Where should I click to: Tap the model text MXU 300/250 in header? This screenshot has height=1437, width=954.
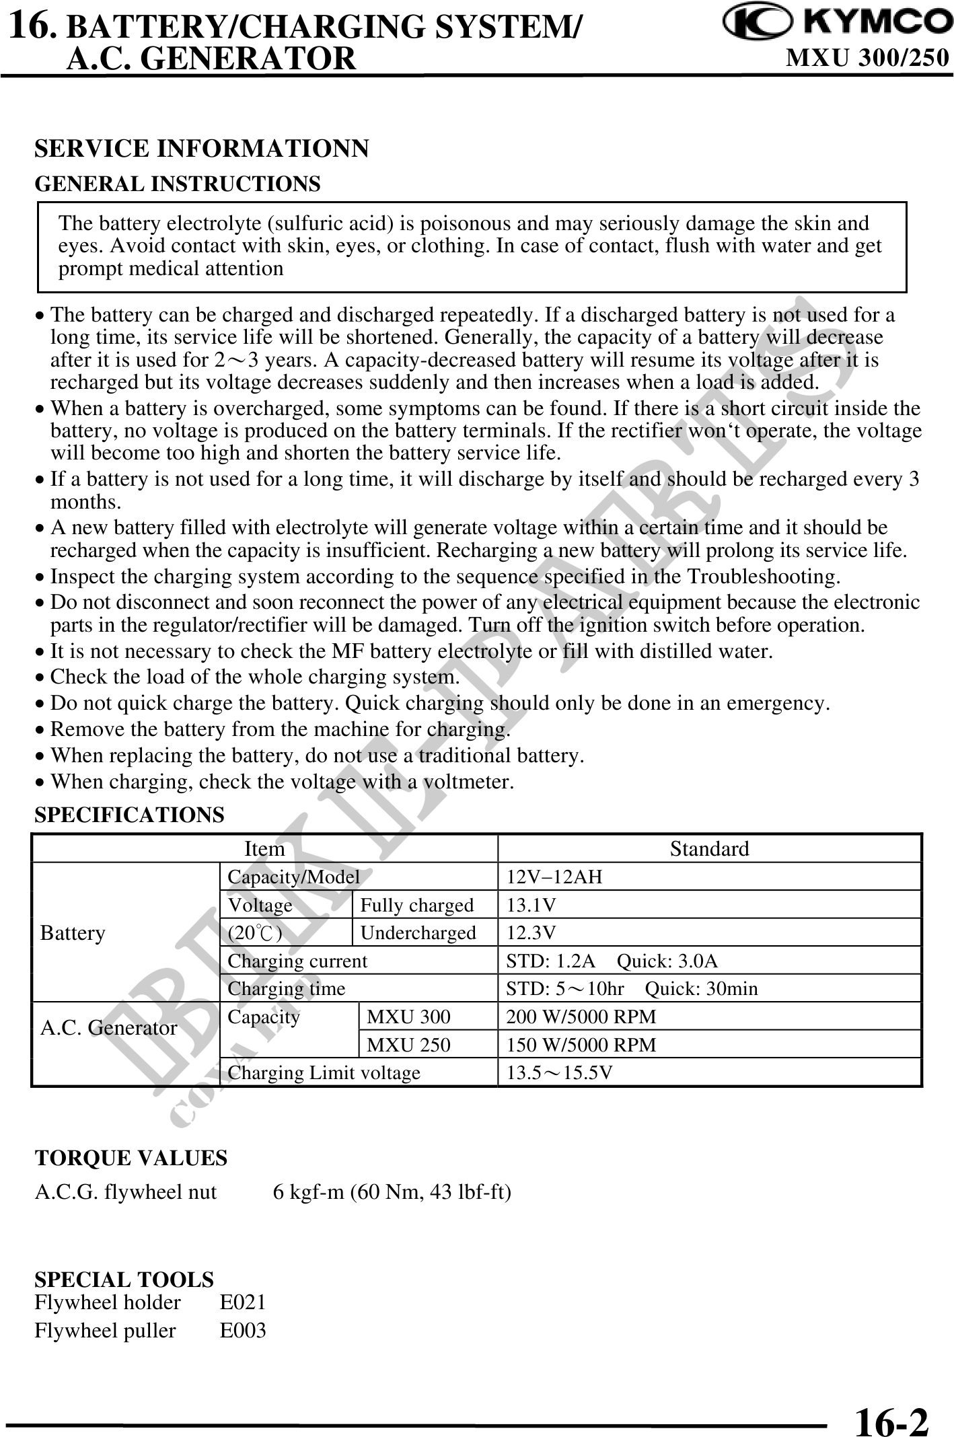(868, 59)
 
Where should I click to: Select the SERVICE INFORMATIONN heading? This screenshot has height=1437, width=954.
(202, 149)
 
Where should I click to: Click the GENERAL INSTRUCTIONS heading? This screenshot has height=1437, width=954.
(178, 184)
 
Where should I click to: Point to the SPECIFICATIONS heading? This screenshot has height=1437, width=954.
(129, 815)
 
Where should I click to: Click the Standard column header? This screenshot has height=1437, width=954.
(709, 848)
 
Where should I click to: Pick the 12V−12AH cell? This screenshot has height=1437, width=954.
(554, 877)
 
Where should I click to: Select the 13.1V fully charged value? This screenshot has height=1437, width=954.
(531, 905)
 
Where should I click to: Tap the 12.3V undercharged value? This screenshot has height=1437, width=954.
(531, 933)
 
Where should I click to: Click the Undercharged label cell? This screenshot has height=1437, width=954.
(418, 933)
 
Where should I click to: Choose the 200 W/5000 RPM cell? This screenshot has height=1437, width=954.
(581, 1017)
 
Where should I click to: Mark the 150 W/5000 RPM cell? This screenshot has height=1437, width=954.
(581, 1045)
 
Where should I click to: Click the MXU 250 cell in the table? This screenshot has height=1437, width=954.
(408, 1045)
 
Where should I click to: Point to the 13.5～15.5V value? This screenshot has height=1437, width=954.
(559, 1073)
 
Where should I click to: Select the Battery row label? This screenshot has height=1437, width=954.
(73, 933)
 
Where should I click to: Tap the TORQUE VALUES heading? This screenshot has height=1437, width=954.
(131, 1158)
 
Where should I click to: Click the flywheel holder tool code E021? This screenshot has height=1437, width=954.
(243, 1302)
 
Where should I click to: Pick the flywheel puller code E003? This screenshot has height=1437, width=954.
(243, 1331)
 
